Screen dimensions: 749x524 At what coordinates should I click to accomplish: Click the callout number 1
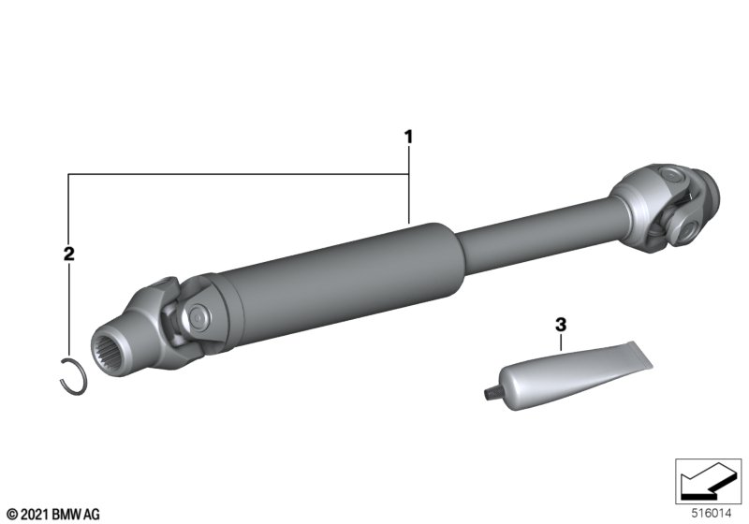(x=408, y=138)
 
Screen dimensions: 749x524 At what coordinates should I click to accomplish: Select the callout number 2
(x=69, y=254)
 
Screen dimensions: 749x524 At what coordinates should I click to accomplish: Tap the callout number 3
(x=561, y=325)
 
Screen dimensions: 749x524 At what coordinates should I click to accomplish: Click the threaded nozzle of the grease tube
(x=489, y=393)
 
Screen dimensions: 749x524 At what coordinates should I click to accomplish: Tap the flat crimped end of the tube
(x=639, y=355)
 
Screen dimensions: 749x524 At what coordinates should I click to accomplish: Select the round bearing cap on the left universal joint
(x=198, y=315)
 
